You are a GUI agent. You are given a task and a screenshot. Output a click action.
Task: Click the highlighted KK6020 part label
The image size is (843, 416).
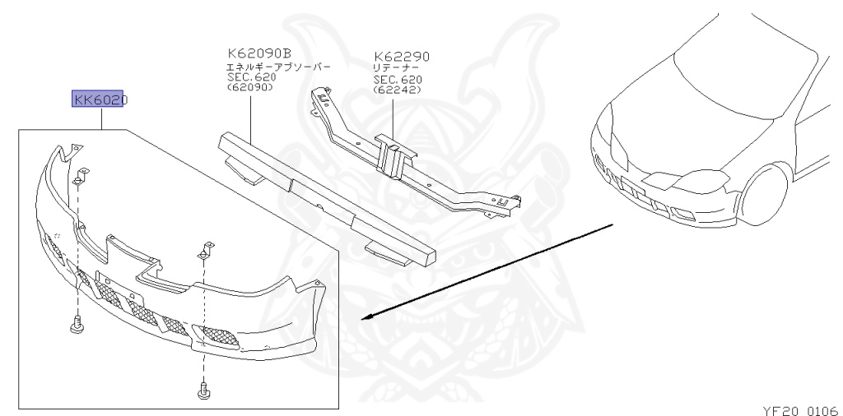click(100, 99)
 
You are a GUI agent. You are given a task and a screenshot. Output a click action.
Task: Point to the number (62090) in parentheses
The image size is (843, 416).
click(249, 87)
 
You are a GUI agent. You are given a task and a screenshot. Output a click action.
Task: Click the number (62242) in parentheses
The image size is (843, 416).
click(398, 90)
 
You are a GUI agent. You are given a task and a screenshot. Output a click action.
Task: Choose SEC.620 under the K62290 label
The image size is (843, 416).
click(398, 79)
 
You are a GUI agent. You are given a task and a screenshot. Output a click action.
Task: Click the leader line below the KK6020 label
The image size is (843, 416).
click(100, 119)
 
